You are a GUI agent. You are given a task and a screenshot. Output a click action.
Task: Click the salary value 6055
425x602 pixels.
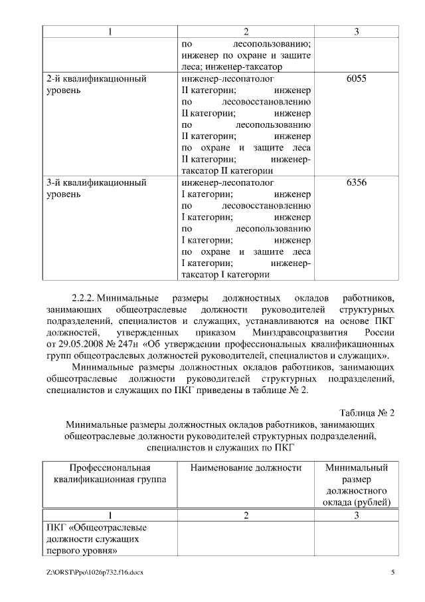357,78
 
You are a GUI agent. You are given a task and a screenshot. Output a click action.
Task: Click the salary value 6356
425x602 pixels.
357,182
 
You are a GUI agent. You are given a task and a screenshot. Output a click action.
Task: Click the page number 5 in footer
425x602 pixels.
392,572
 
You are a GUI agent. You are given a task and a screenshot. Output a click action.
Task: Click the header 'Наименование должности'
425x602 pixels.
246,468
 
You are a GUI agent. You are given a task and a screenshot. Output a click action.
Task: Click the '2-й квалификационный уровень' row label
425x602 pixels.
96,84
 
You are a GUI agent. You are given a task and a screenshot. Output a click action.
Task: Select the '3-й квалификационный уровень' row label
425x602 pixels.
96,188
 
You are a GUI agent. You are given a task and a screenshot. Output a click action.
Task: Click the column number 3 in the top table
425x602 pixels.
357,32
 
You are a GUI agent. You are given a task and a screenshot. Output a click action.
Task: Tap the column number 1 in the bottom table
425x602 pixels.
110,515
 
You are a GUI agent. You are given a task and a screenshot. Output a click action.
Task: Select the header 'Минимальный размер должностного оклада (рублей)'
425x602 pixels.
357,484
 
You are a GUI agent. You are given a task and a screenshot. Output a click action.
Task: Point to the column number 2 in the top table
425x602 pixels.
246,32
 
